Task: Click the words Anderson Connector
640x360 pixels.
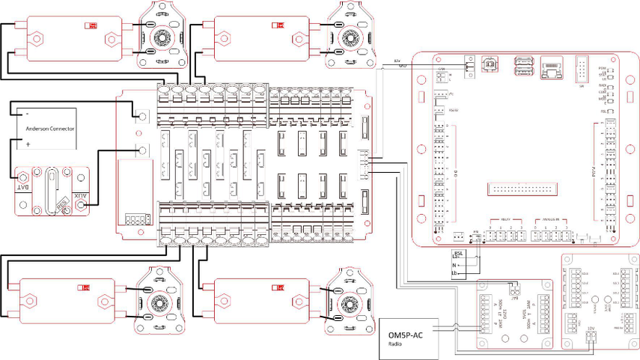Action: coord(50,129)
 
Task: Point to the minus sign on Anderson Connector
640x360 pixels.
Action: coord(28,114)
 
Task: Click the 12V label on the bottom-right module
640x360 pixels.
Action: coord(591,329)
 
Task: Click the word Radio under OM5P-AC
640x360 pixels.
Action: coord(396,344)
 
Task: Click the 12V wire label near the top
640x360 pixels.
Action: coord(397,60)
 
